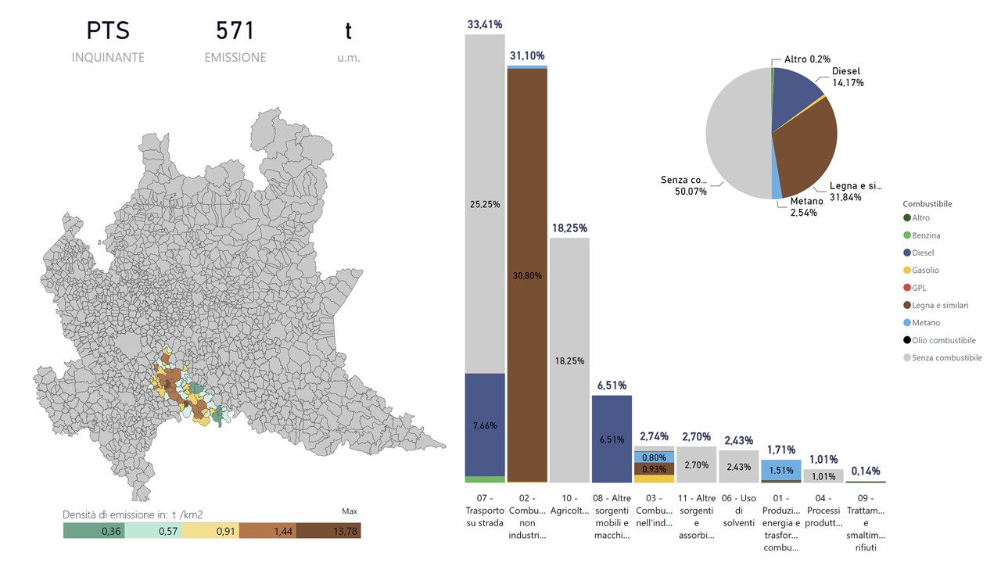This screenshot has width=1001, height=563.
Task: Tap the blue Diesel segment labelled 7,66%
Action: (485, 425)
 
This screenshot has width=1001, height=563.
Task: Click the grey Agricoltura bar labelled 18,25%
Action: (569, 360)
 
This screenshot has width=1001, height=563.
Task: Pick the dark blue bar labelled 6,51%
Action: (612, 439)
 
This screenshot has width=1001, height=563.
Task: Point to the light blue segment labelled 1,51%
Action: (780, 470)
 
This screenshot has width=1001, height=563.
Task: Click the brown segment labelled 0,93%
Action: (654, 468)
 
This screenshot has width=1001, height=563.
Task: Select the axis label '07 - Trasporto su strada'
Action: (485, 510)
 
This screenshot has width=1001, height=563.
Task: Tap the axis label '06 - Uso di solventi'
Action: (738, 510)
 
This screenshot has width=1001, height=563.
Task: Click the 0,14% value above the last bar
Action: (865, 471)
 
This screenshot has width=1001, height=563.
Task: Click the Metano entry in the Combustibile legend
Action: (926, 323)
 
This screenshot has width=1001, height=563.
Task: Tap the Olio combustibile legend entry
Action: (943, 340)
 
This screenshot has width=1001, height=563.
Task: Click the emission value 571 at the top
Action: (235, 31)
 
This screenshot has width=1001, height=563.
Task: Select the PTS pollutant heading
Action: (108, 31)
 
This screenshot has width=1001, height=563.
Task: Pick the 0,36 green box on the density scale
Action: (92, 531)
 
